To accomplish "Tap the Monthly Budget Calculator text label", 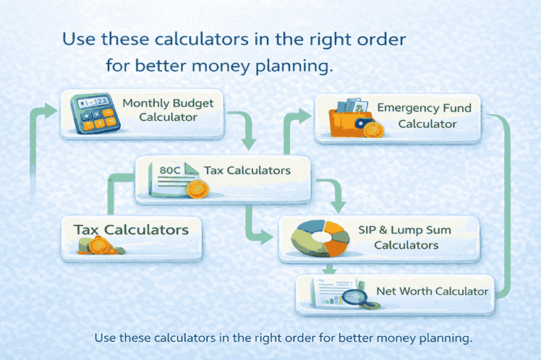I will (168, 111).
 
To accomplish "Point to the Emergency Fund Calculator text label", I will (425, 116).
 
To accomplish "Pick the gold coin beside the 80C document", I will (195, 190).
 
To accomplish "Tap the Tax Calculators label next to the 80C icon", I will (247, 171).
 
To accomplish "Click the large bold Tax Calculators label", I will (131, 230).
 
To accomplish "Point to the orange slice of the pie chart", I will (336, 247).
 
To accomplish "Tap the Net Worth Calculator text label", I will (433, 291).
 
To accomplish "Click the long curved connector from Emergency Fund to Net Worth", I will (507, 202).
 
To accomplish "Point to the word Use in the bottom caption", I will (106, 338).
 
